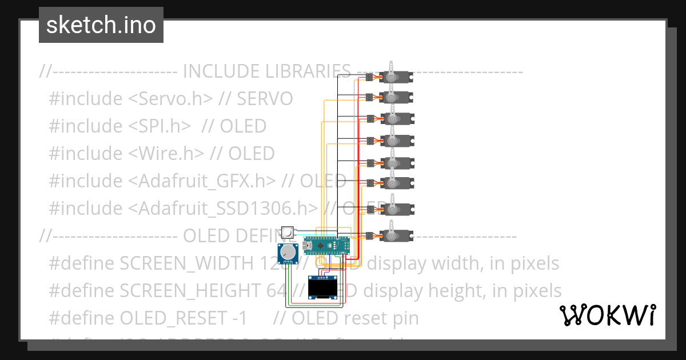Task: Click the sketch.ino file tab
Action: click(x=101, y=25)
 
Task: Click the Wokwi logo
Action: click(x=607, y=315)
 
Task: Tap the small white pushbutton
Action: click(x=288, y=233)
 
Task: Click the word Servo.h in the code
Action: click(x=171, y=99)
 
